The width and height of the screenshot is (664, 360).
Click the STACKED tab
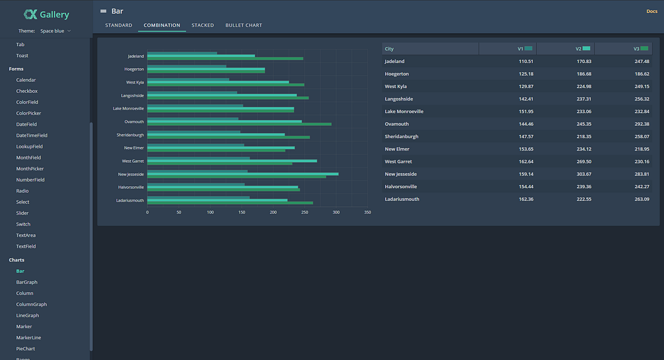(202, 25)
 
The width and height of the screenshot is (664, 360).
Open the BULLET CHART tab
(244, 25)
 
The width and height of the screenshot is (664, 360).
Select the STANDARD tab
(119, 25)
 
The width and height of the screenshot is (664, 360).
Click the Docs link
(652, 12)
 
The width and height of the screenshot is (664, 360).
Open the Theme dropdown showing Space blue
(55, 31)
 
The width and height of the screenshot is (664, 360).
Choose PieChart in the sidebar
(25, 348)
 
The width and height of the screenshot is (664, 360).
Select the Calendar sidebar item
(26, 80)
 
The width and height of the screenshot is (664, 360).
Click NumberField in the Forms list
(30, 180)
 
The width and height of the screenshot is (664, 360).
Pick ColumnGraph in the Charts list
(31, 304)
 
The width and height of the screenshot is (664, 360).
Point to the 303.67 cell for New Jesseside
(584, 174)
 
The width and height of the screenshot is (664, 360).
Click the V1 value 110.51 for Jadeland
(526, 62)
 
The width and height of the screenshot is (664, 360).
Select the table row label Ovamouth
(397, 124)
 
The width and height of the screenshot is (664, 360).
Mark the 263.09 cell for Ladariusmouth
(641, 199)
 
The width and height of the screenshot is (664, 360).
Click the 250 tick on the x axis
(305, 212)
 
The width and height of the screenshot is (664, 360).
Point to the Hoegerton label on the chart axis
(134, 69)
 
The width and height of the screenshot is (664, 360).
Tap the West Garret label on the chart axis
(133, 161)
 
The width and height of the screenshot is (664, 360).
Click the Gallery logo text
(54, 14)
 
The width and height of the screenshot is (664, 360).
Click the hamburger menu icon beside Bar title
(103, 12)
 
